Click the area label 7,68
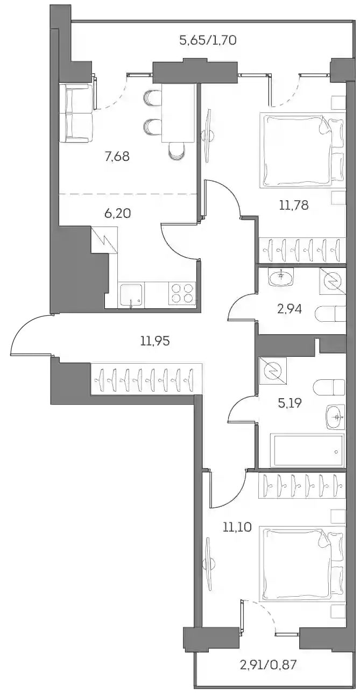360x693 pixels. (117, 157)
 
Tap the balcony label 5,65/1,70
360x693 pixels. (208, 40)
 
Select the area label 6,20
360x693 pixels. (118, 213)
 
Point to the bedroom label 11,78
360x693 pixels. (294, 205)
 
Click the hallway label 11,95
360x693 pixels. (155, 341)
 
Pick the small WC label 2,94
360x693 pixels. (290, 309)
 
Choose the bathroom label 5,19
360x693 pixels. (290, 403)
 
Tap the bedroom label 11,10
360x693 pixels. (237, 527)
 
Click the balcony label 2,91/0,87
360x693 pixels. (268, 672)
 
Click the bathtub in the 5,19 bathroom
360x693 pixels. (307, 450)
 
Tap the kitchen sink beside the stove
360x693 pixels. (131, 295)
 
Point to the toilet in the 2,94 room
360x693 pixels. (330, 315)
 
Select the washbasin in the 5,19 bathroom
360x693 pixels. (335, 417)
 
